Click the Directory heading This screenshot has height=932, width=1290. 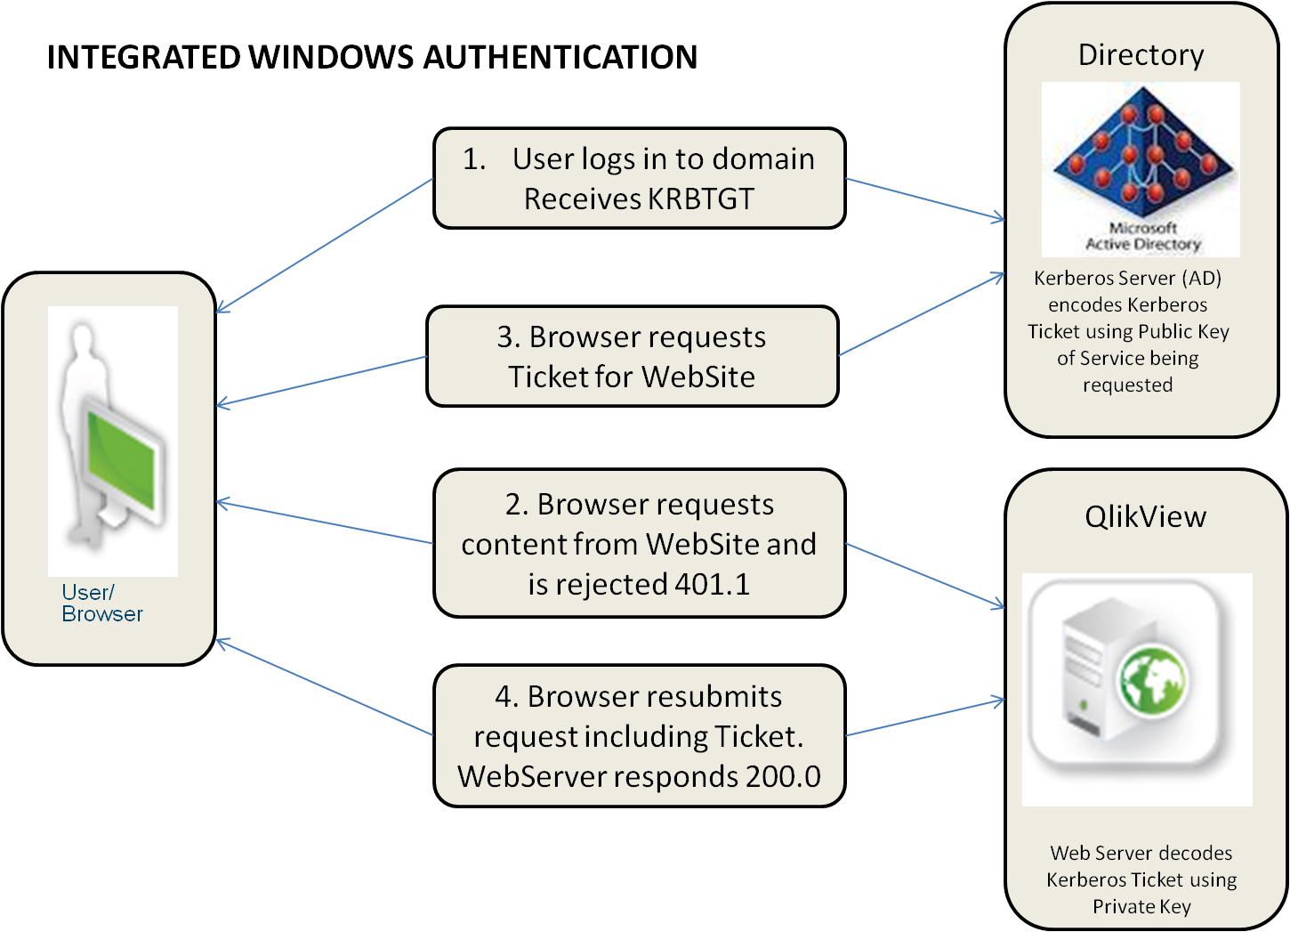(x=1141, y=55)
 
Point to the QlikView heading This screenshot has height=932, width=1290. (x=1145, y=517)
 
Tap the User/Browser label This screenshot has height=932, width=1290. (x=101, y=604)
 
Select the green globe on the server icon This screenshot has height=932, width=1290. (x=1153, y=683)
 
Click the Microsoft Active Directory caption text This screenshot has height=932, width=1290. (x=1142, y=236)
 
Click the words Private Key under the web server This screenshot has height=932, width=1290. (x=1141, y=907)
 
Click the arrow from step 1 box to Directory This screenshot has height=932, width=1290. (x=925, y=199)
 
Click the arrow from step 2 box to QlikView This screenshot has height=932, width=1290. (x=925, y=576)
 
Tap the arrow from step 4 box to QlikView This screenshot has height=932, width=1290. (x=925, y=717)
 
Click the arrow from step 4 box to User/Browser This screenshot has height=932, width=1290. (x=325, y=687)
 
